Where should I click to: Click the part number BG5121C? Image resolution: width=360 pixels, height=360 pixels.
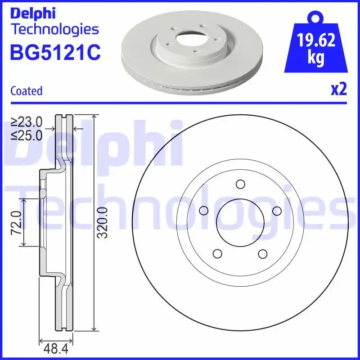[x=55, y=53]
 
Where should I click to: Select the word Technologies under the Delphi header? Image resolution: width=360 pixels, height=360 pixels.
[x=54, y=30]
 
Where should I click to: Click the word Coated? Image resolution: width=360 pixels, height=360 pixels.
[x=26, y=91]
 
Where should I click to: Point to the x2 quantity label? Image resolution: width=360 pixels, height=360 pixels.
[x=339, y=90]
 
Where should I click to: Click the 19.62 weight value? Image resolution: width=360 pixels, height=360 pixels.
[x=316, y=41]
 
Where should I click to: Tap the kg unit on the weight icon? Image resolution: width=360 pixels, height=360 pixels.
[x=316, y=59]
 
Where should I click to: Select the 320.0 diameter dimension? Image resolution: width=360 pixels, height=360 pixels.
[x=103, y=223]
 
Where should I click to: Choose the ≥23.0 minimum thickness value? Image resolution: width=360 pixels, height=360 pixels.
[x=27, y=121]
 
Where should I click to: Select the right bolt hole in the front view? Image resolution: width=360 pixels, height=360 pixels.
[x=277, y=211]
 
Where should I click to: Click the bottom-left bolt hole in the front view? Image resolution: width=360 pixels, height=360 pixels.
[x=217, y=254]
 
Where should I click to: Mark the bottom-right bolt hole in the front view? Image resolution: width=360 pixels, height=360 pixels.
[x=263, y=254]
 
